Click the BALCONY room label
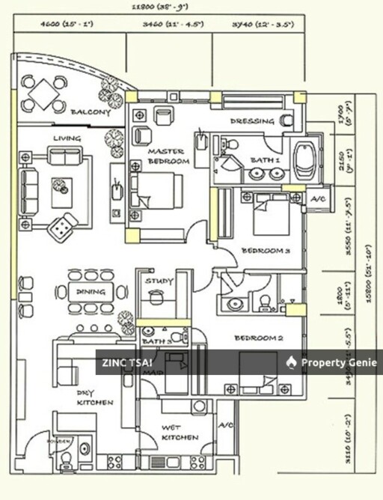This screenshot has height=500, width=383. click(91, 112)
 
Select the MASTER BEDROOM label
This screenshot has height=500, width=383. click(170, 156)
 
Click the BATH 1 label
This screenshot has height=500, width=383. click(265, 159)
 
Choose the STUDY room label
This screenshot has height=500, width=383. click(159, 281)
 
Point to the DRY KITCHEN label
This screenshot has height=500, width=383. click(95, 397)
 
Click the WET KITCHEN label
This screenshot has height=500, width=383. click(180, 432)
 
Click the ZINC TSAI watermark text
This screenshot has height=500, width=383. click(121, 364)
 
